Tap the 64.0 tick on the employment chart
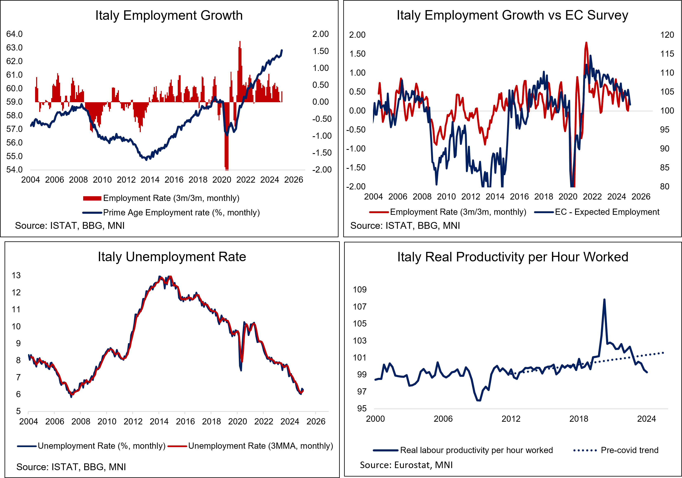tap(14, 34)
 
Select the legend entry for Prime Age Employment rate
tap(181, 213)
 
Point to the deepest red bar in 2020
tap(227, 166)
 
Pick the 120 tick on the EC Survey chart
tap(667, 35)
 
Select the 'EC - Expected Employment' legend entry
tap(607, 212)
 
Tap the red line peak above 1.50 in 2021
tap(586, 43)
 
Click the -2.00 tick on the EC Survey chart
tap(356, 187)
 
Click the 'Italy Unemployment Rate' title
tap(172, 257)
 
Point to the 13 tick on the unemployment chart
tap(16, 275)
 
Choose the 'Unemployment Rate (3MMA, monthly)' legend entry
tap(260, 446)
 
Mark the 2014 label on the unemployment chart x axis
tap(159, 421)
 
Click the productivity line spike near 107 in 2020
tap(604, 300)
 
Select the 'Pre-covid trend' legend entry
tap(629, 450)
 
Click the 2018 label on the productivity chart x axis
tap(579, 419)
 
